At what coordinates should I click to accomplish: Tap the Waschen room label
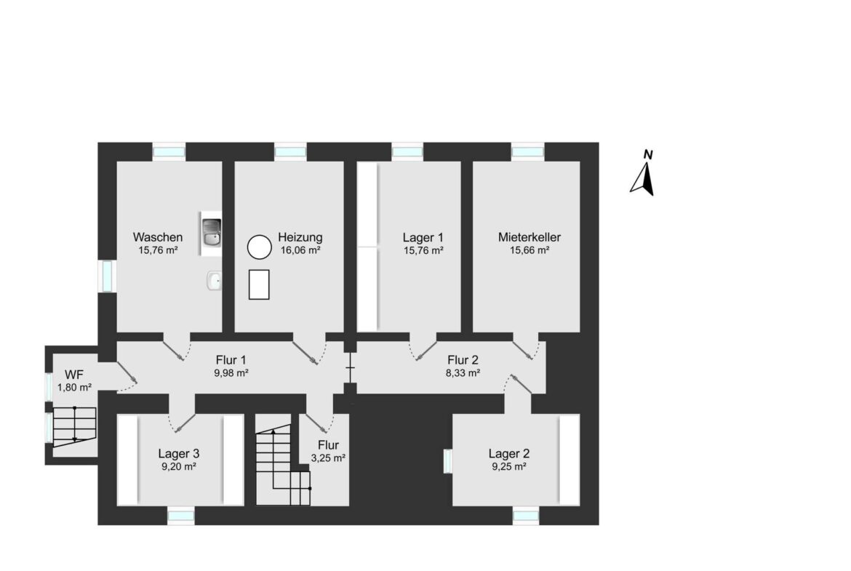(158, 237)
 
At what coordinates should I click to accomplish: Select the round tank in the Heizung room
(260, 247)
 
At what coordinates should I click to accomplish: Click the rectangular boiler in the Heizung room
(259, 284)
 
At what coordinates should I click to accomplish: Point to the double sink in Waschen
(211, 233)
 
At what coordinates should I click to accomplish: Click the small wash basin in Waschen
(214, 281)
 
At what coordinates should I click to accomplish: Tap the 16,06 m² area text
(300, 250)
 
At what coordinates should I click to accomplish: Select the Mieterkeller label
(530, 237)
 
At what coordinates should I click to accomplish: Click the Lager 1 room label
(423, 238)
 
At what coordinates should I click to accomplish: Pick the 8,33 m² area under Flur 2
(463, 373)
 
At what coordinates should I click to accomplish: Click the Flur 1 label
(231, 360)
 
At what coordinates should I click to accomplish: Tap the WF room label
(73, 375)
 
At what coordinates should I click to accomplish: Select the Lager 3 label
(178, 454)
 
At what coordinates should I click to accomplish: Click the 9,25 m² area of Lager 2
(509, 467)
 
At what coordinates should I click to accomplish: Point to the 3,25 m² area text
(328, 458)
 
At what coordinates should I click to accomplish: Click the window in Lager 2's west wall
(448, 461)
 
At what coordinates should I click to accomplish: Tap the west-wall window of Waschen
(108, 276)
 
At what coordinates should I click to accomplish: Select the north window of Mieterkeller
(527, 152)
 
